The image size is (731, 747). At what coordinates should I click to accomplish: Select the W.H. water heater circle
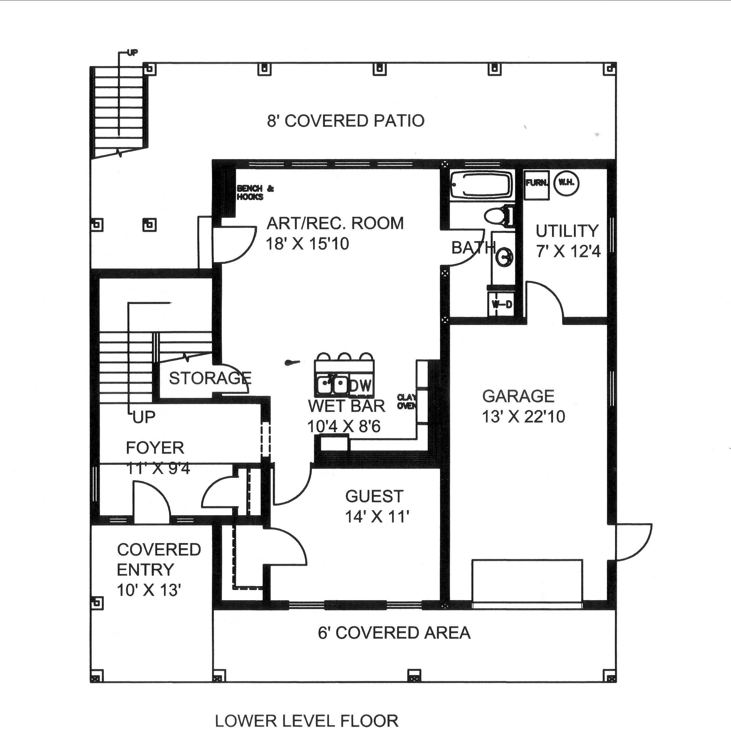(x=566, y=183)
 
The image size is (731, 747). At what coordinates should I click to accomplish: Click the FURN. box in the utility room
(x=536, y=183)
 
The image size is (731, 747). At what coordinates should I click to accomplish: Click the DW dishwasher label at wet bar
(x=360, y=386)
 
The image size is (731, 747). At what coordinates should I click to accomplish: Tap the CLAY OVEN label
(x=406, y=401)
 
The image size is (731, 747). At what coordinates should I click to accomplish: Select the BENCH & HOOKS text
(x=255, y=192)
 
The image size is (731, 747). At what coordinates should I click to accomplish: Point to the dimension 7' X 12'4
(x=568, y=252)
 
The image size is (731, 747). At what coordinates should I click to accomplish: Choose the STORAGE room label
(x=210, y=378)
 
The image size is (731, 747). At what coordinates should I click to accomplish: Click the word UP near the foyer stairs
(x=144, y=417)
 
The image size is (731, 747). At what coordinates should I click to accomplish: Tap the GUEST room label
(x=374, y=497)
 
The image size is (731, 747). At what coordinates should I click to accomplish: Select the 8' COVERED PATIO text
(x=346, y=121)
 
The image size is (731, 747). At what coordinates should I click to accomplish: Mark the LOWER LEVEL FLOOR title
(x=306, y=721)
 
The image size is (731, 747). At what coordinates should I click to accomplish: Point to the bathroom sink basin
(x=504, y=257)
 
